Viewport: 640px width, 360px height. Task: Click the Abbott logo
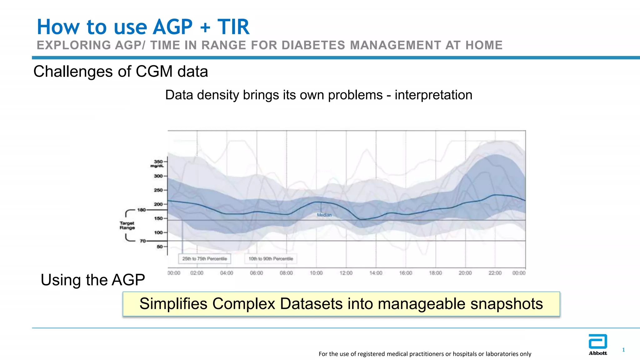(597, 344)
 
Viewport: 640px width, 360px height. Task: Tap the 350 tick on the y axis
(158, 162)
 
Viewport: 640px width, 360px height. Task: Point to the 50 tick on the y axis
(160, 247)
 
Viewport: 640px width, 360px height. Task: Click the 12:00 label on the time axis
(346, 273)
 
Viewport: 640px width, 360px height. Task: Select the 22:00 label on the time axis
(495, 273)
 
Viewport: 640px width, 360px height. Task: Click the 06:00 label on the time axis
(256, 273)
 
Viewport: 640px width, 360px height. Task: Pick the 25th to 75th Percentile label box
(205, 259)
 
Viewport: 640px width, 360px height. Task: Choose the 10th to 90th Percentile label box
(271, 259)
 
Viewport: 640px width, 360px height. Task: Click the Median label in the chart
(324, 215)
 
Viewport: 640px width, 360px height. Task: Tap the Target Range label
(127, 225)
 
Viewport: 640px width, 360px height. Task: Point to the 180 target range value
(142, 210)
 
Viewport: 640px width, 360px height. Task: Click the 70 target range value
(143, 241)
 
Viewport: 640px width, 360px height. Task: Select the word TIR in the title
(233, 27)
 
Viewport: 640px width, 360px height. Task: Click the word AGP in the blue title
(173, 27)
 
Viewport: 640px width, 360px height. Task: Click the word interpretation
(433, 95)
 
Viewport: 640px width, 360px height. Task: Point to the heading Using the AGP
(93, 280)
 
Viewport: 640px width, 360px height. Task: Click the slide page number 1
(623, 350)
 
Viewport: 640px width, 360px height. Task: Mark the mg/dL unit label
(157, 166)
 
